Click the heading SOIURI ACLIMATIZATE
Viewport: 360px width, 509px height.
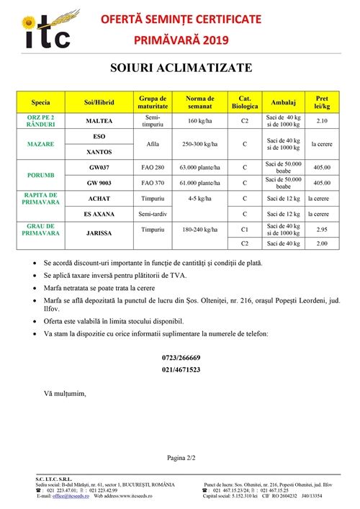coord(181,68)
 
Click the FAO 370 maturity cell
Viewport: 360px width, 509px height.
coord(152,183)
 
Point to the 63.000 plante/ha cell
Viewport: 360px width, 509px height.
coord(199,168)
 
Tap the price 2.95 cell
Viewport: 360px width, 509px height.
coord(318,230)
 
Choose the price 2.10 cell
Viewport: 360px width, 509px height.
coord(318,121)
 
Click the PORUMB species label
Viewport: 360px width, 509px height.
coord(41,175)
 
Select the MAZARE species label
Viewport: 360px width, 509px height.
coord(41,145)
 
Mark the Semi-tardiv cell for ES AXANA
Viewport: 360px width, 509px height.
coord(152,214)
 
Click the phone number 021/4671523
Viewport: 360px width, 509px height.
coord(181,370)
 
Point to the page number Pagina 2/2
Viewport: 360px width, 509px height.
coord(181,457)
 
